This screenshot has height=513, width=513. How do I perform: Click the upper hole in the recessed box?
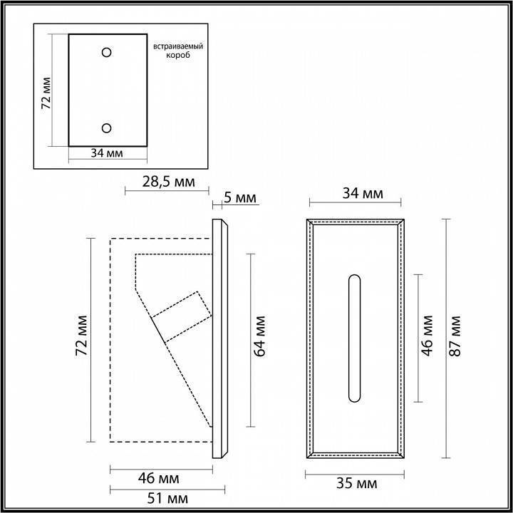[107, 52]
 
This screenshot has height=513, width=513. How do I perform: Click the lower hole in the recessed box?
[107, 127]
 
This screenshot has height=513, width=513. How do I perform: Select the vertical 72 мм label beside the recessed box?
[46, 91]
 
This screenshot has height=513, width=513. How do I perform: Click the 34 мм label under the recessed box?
[106, 153]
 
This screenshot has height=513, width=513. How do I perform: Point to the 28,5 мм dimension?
[167, 182]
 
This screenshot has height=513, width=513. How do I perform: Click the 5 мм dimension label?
[239, 198]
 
